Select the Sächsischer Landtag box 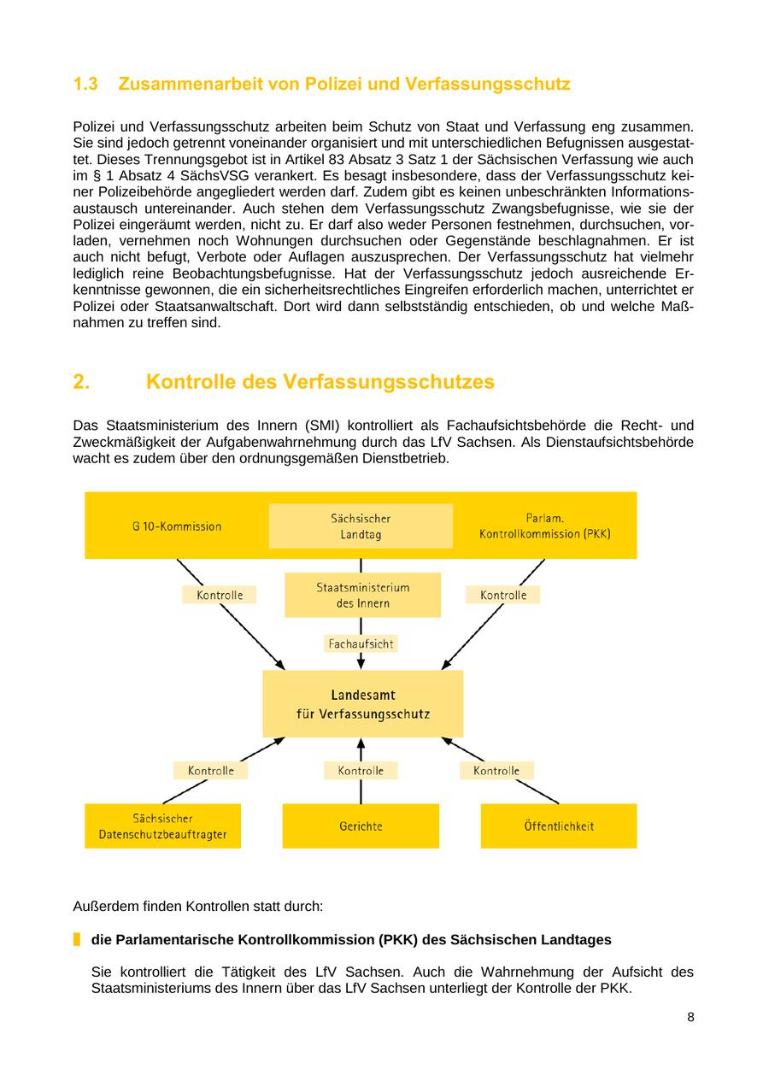[x=361, y=526]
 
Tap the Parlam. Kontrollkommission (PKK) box [x=544, y=526]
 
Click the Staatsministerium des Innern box [x=362, y=595]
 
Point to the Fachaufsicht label [x=361, y=643]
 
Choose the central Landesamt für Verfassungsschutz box [x=362, y=704]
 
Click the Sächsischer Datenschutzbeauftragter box [x=162, y=826]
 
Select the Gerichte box [x=361, y=826]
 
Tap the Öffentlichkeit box [x=559, y=826]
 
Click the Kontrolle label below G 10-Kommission [x=220, y=595]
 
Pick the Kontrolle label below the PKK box [x=502, y=595]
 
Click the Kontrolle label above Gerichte [x=361, y=771]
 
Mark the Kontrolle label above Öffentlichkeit [x=496, y=771]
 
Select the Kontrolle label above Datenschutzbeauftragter [x=210, y=771]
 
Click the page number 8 [x=690, y=1017]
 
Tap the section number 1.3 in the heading [x=85, y=84]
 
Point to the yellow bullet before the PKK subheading [x=77, y=939]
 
